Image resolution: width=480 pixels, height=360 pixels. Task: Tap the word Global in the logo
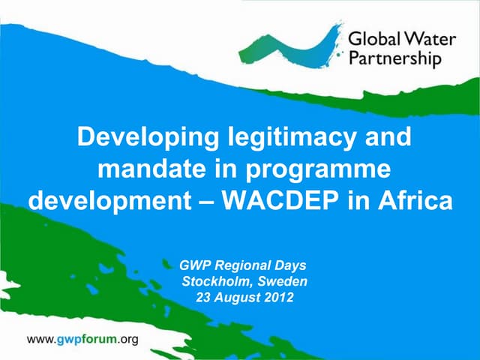(372, 37)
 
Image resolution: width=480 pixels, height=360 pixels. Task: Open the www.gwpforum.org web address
(82, 339)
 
